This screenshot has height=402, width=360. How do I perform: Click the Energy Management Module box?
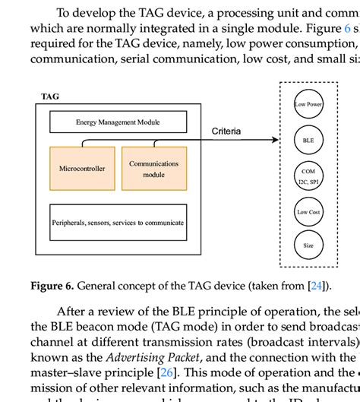tap(118, 122)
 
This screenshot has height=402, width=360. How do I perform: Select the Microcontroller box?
tap(82, 168)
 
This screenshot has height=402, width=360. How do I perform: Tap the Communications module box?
tap(153, 169)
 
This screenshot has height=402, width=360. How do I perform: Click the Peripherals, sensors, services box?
tap(118, 223)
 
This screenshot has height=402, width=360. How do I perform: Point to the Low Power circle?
tap(308, 104)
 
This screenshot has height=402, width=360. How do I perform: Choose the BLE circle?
tap(308, 140)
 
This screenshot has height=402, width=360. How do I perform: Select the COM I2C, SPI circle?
tap(308, 176)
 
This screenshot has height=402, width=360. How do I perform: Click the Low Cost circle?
tap(308, 212)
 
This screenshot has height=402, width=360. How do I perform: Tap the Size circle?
tap(308, 246)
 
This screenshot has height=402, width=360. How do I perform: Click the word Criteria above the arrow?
tap(226, 131)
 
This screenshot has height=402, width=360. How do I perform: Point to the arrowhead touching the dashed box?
tap(275, 140)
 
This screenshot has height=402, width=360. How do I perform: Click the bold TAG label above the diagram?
tap(49, 97)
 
